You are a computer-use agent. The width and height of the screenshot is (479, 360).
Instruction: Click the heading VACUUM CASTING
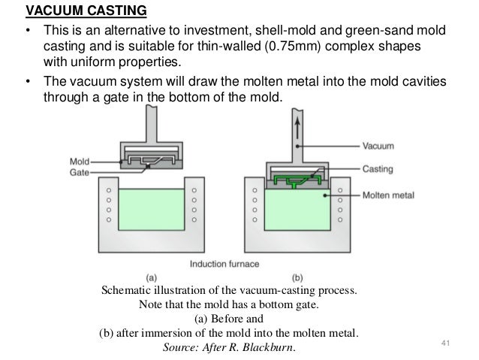[76, 11]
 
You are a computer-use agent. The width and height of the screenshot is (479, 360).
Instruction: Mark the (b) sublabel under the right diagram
[296, 277]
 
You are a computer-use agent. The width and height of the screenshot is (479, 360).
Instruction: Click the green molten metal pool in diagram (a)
[151, 210]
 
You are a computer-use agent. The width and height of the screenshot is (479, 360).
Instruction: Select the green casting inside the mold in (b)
[294, 179]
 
